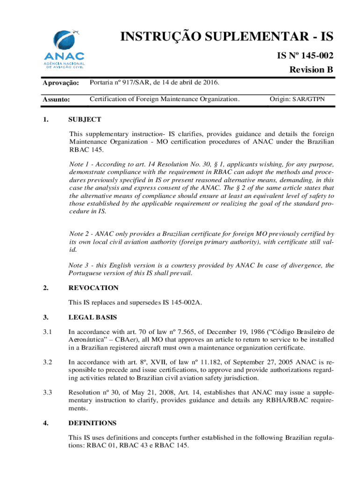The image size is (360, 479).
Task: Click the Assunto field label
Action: point(56,100)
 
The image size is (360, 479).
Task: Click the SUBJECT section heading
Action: point(85,120)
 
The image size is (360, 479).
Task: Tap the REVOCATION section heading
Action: point(94,288)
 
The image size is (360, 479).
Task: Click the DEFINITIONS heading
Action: point(92,423)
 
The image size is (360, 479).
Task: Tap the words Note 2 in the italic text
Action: point(79,233)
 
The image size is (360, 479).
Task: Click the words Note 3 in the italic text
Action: point(79,266)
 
